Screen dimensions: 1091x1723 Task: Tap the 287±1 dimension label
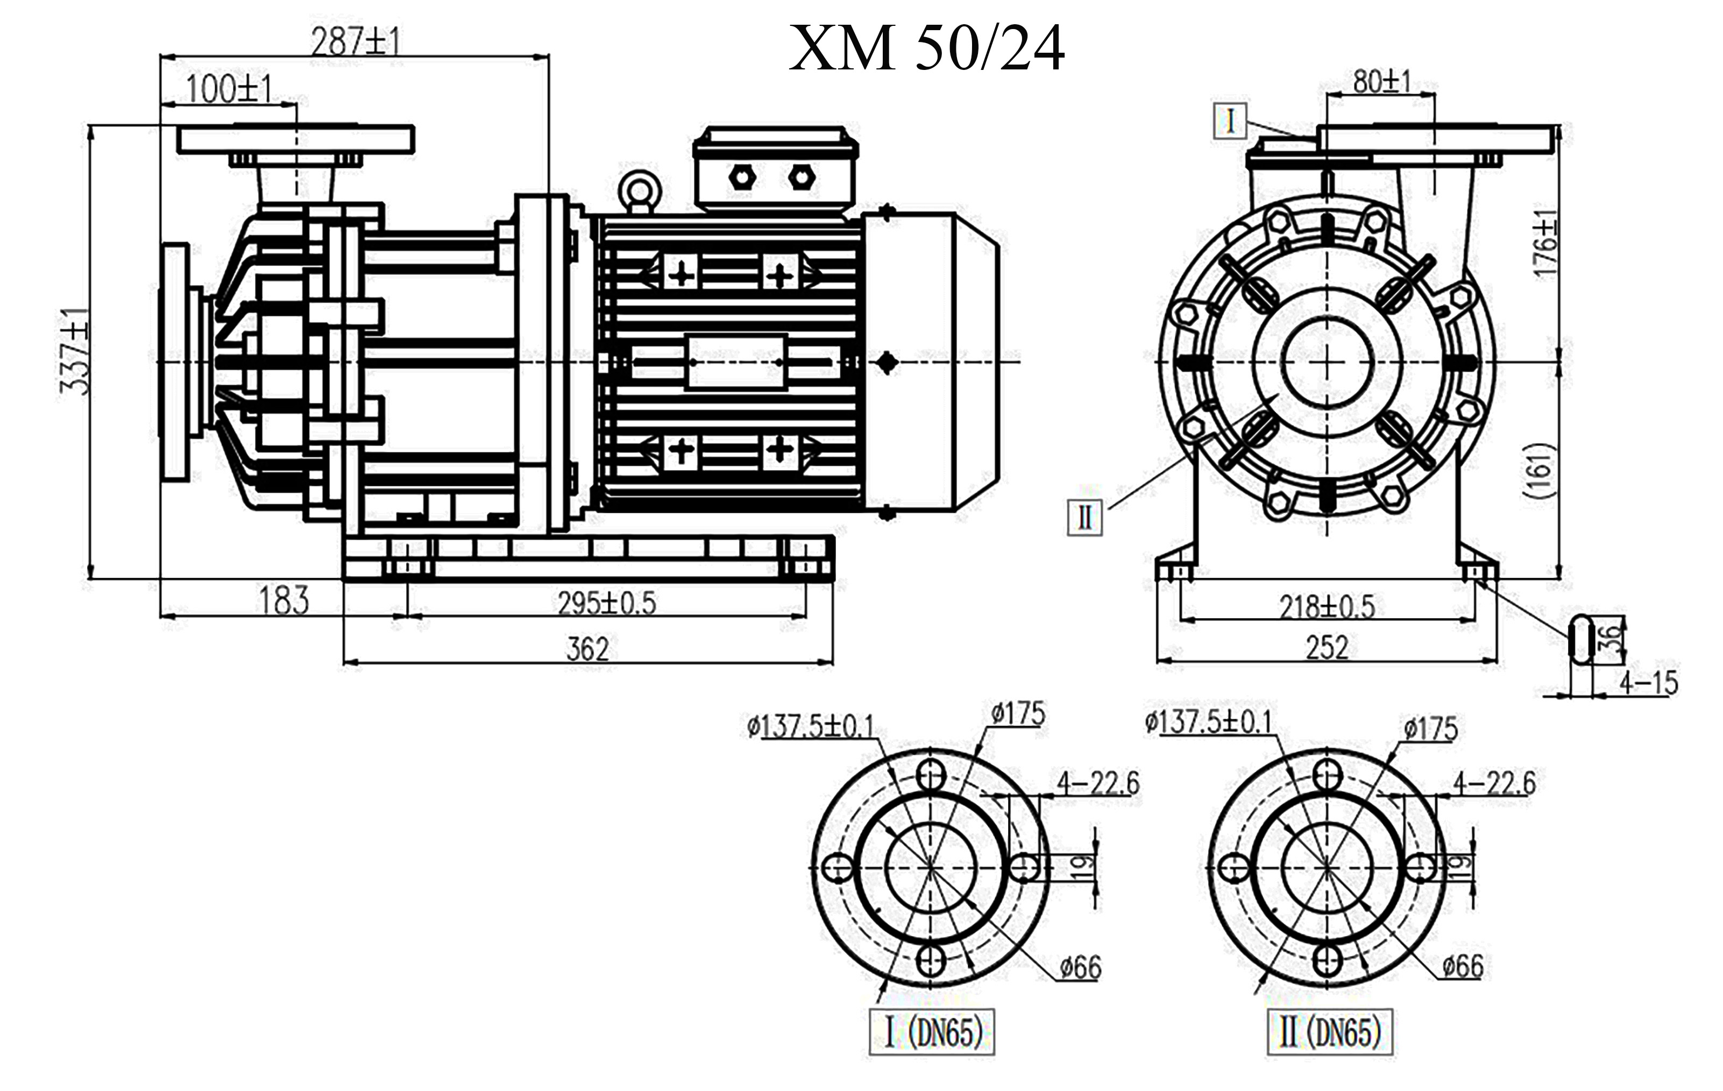coord(356,42)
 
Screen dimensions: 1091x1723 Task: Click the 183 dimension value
coord(283,601)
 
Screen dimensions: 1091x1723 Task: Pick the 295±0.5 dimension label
coord(607,603)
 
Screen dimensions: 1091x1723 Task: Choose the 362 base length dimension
coord(587,649)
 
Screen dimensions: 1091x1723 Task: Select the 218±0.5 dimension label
coord(1327,607)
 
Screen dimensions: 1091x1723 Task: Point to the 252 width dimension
coord(1327,648)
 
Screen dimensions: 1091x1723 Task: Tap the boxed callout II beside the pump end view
coord(1085,516)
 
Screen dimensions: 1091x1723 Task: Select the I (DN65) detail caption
coord(932,1032)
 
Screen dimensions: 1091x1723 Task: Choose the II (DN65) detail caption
coord(1329,1032)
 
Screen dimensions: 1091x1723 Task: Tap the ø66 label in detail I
coord(1081,968)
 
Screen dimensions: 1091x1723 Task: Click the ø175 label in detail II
coord(1430,729)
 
